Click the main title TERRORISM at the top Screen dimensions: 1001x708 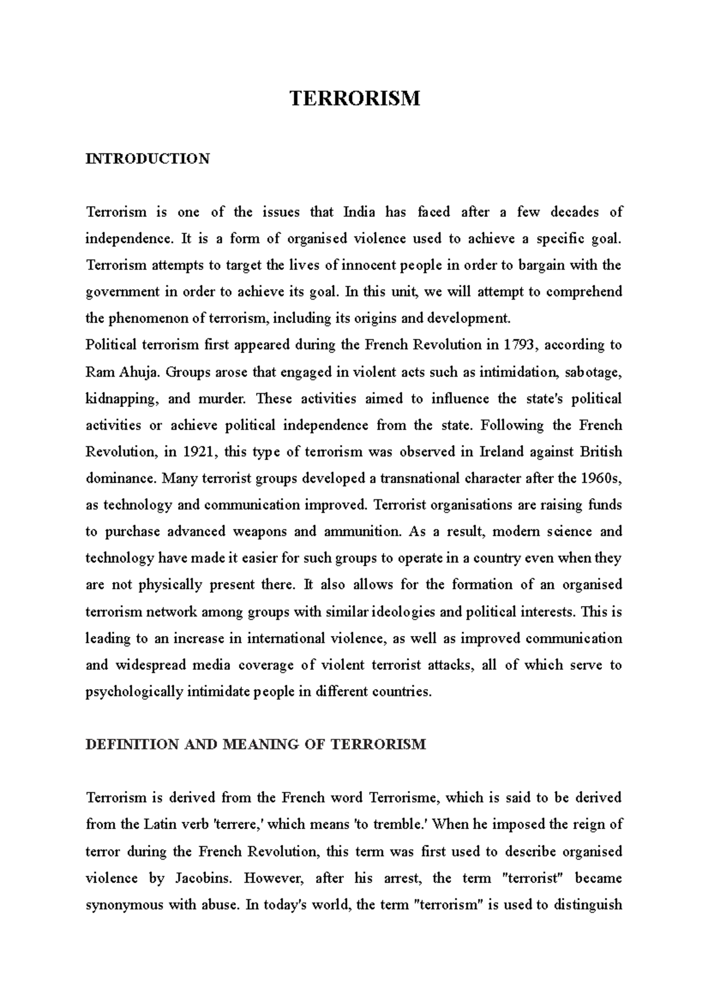click(355, 98)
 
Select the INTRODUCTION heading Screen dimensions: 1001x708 click(147, 159)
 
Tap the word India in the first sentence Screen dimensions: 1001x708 click(359, 212)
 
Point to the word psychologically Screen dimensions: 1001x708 click(134, 692)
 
